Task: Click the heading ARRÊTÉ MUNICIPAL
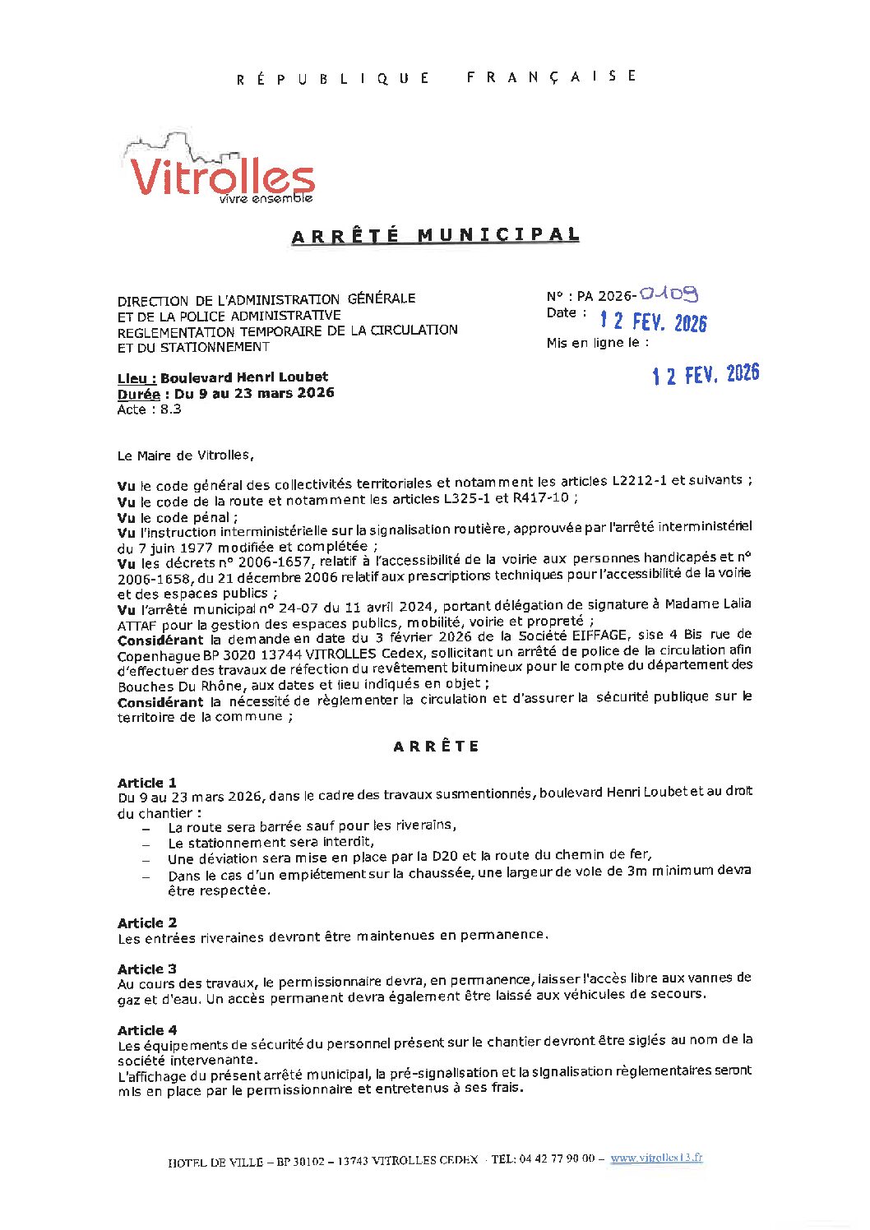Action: tap(435, 236)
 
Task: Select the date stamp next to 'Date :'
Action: tap(653, 321)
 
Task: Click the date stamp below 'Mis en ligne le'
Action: tap(706, 375)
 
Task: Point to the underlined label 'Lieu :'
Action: tap(137, 377)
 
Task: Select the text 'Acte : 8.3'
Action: tap(149, 409)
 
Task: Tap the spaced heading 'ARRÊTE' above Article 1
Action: tap(435, 747)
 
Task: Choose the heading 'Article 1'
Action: tap(147, 782)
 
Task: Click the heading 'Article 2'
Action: tap(147, 922)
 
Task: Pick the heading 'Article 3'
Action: tap(147, 969)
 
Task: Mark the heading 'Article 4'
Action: tap(147, 1029)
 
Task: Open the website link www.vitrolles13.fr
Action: tap(656, 1158)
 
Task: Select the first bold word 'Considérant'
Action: tap(160, 640)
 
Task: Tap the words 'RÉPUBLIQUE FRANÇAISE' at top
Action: tap(435, 77)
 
